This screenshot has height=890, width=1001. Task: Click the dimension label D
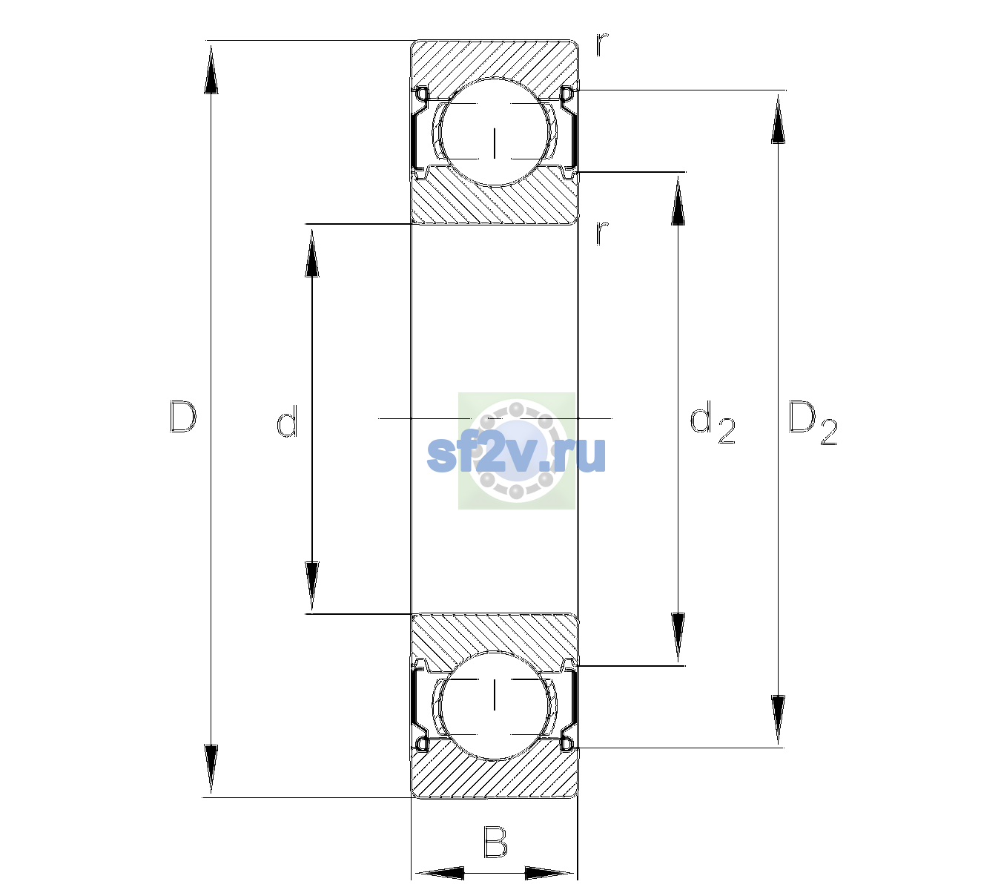click(183, 417)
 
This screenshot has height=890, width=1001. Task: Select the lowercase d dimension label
click(287, 421)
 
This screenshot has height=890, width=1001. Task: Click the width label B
click(495, 842)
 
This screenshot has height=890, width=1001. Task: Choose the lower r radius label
click(602, 233)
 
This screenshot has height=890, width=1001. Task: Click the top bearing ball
click(495, 131)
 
